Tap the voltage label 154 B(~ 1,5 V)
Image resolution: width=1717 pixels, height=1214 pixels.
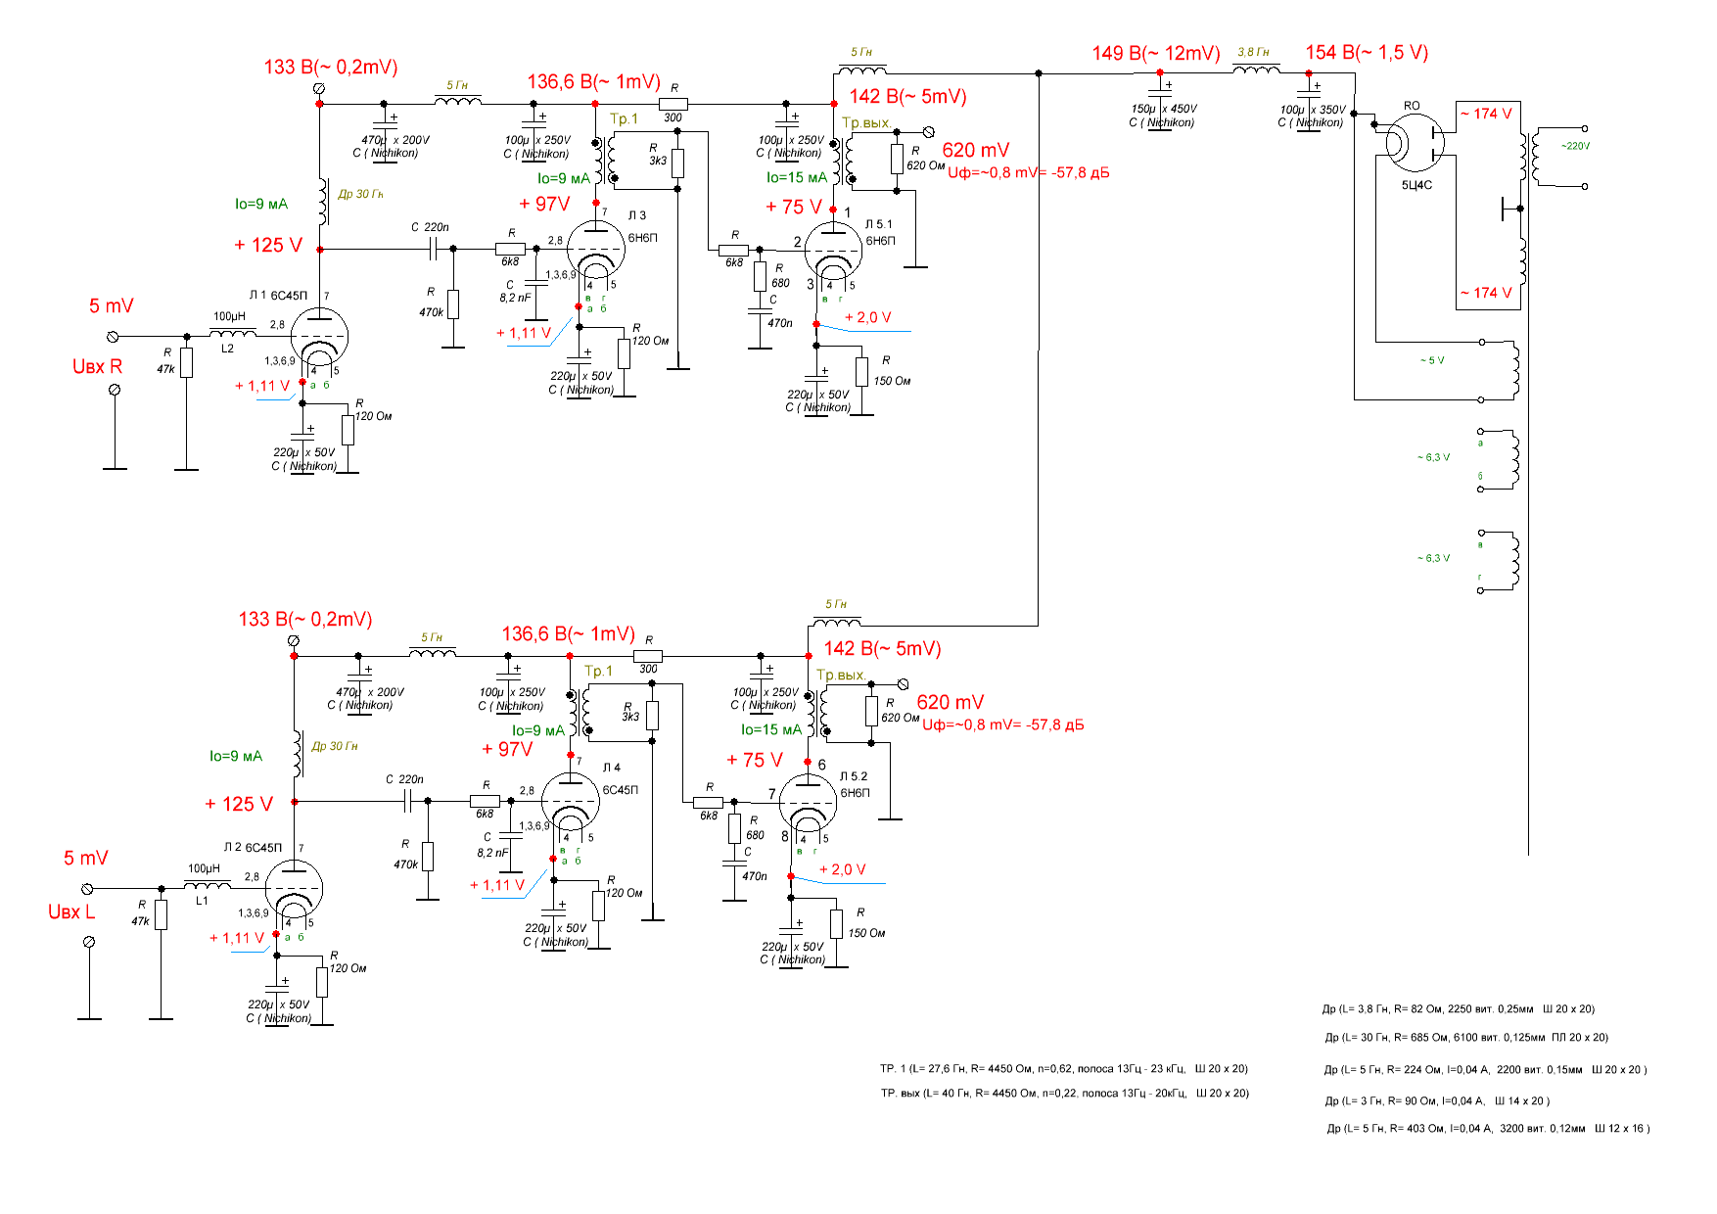(x=1367, y=53)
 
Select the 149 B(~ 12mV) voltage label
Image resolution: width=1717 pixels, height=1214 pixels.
(x=1156, y=54)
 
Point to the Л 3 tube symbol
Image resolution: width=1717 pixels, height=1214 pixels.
(x=595, y=250)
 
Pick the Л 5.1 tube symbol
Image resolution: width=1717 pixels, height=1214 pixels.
(x=833, y=251)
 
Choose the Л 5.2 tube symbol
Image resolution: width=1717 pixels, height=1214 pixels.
(x=808, y=803)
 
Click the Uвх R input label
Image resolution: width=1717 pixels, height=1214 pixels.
(x=97, y=367)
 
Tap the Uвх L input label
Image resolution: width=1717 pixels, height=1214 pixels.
(x=71, y=912)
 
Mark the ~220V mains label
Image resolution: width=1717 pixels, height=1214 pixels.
(x=1575, y=146)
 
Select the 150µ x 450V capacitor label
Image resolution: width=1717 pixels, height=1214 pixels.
(x=1164, y=109)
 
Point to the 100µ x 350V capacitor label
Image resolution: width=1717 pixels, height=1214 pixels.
(x=1313, y=110)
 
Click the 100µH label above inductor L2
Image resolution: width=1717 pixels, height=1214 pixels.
(x=229, y=316)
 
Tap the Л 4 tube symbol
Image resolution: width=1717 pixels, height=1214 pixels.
(x=570, y=802)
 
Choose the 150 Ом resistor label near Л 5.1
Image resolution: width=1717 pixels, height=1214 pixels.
(x=891, y=381)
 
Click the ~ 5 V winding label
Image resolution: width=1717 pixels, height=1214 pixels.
(x=1432, y=360)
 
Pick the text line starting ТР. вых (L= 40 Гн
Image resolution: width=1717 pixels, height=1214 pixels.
(x=1064, y=1094)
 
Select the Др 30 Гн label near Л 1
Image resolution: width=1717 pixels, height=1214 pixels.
(x=360, y=194)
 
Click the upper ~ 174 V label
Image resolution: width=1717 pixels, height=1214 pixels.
(x=1486, y=114)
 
